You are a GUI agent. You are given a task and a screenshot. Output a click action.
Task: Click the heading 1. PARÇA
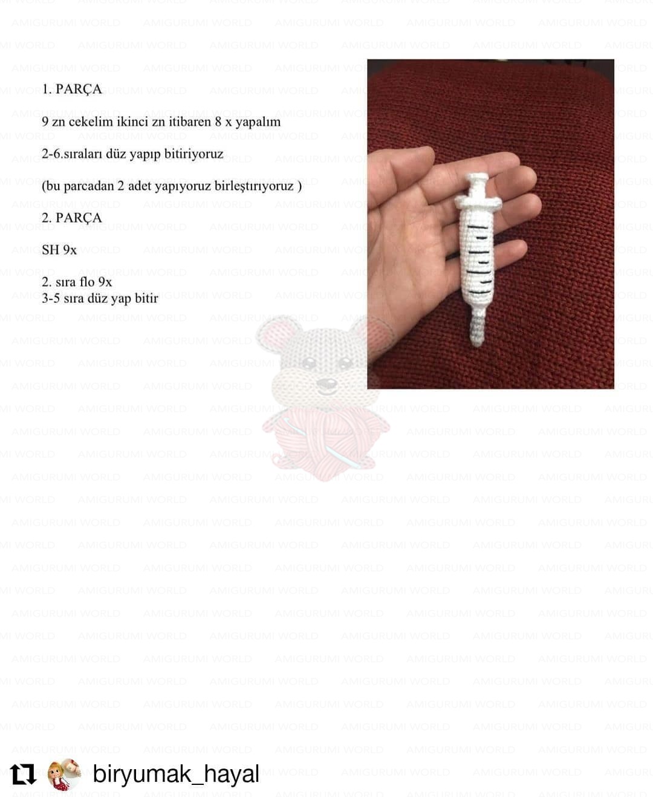coord(72,89)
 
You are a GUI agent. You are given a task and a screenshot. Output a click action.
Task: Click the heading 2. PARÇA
coord(72,218)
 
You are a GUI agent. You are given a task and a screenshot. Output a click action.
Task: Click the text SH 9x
coord(59,250)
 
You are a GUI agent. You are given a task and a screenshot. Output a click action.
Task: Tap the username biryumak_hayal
coord(176,774)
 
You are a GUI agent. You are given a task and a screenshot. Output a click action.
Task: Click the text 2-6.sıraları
coord(72,154)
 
